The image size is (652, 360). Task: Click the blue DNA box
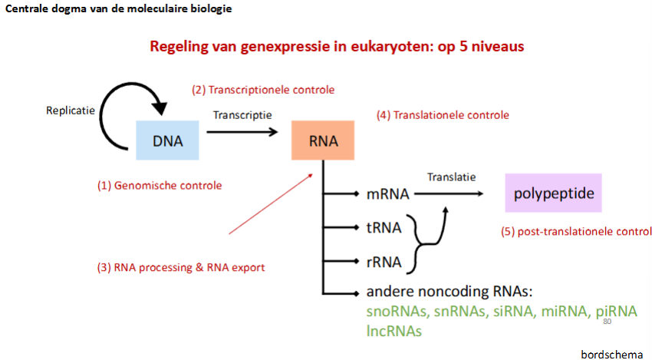tap(168, 140)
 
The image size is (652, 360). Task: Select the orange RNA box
tap(323, 140)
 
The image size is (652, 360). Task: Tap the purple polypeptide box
tap(553, 193)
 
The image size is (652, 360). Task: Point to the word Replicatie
tap(71, 110)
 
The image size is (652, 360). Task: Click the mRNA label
tap(388, 195)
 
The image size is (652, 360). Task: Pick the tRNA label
tap(384, 228)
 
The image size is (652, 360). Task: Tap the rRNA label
tap(384, 262)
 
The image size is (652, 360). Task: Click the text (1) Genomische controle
tap(160, 185)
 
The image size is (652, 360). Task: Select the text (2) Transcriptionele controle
tap(263, 90)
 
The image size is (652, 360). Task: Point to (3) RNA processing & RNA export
tap(181, 267)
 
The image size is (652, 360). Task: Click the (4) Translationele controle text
tap(443, 115)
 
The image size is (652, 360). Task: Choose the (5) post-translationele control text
tap(576, 231)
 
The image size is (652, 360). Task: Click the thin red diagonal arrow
tap(271, 203)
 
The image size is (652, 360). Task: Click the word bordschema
tap(611, 354)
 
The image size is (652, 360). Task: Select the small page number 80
tap(608, 322)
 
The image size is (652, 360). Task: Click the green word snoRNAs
tap(397, 312)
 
